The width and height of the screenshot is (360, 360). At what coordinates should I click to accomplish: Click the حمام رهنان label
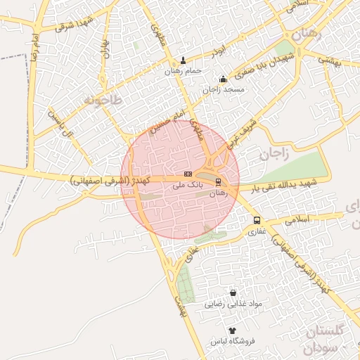[184, 71]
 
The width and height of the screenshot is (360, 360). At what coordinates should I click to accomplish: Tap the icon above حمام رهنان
[184, 60]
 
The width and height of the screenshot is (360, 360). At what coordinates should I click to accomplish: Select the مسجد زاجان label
[224, 90]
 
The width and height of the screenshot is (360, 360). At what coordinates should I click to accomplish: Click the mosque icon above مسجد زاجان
[224, 79]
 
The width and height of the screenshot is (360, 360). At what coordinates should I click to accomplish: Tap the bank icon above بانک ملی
[188, 173]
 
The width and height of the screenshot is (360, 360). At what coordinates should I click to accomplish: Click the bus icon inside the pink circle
[218, 182]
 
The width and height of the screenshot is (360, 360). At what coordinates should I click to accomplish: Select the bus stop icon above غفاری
[256, 219]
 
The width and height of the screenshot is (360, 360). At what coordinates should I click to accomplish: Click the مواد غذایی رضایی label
[233, 304]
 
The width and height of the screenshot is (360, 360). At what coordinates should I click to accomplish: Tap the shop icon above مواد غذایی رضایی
[233, 293]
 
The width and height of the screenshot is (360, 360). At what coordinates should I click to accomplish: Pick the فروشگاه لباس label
[232, 341]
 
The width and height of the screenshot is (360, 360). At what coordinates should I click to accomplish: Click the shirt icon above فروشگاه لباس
[232, 330]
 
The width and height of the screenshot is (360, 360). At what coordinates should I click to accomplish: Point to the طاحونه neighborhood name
[103, 100]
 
